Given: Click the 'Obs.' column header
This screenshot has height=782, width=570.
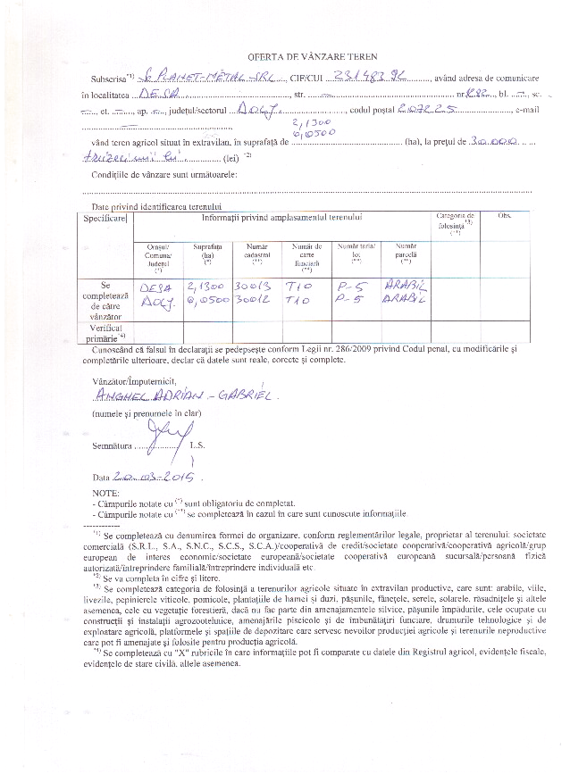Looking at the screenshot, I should click(503, 217).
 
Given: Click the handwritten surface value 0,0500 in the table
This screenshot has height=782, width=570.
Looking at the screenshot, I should click(206, 302).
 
